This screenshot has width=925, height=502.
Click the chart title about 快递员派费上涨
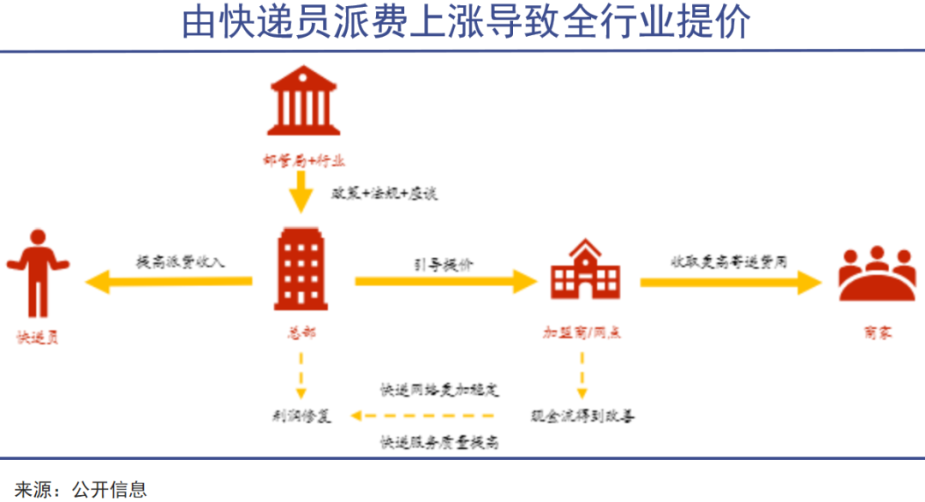[466, 23]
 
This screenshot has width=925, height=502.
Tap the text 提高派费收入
[180, 262]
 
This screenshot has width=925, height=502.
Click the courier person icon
[36, 273]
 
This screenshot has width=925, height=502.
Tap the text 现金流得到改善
[582, 416]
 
